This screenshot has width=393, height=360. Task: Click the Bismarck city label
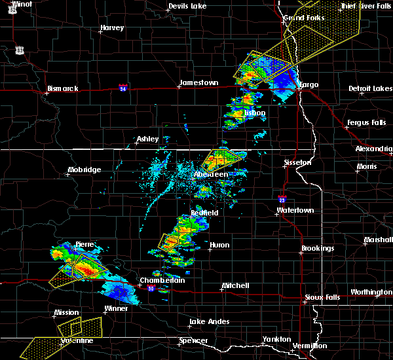tap(63, 88)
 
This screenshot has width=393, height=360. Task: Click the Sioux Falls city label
tap(324, 297)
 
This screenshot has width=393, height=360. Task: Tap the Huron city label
tap(219, 245)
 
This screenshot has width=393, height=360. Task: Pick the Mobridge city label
tap(84, 170)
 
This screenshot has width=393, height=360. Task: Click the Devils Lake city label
tap(187, 7)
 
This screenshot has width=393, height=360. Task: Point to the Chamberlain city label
tap(162, 280)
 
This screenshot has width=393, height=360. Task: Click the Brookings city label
tap(318, 249)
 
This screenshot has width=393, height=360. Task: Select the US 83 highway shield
tap(20, 50)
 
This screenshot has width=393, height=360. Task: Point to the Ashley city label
tap(147, 139)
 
